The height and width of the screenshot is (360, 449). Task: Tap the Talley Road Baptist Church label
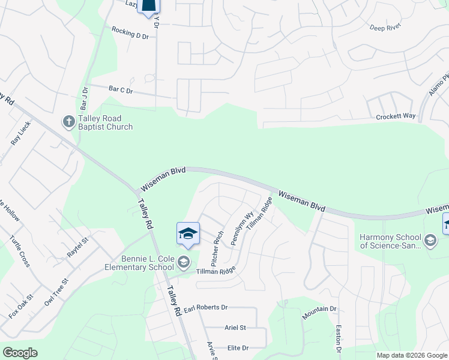[105, 123]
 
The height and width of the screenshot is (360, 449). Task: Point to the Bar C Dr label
[120, 89]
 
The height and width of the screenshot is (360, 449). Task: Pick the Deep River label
[385, 28]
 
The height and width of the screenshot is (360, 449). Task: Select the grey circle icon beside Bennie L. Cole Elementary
[184, 262]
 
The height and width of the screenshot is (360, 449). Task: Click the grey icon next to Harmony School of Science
[430, 241]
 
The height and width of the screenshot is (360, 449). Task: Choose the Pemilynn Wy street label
[247, 226]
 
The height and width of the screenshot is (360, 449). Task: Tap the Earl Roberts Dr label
[206, 307]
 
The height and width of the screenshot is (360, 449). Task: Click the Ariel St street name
[235, 328]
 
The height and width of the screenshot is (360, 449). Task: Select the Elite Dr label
[238, 348]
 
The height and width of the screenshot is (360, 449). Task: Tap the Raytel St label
[77, 247]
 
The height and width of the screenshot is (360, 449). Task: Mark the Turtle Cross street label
[20, 251]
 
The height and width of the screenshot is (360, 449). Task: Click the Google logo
[20, 353]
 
